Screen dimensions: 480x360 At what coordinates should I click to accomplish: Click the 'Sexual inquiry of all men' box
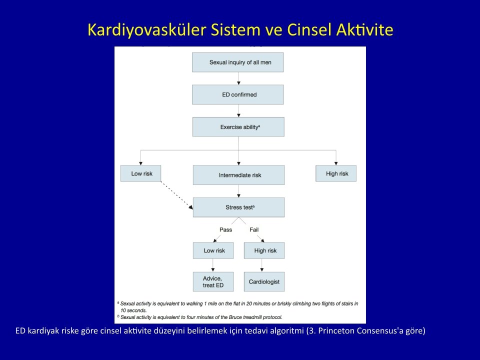[238, 62]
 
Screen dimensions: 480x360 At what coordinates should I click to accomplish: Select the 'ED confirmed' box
[238, 94]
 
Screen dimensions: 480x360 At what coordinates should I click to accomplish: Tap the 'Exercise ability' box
[238, 126]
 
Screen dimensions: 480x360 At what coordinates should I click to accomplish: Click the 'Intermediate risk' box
[239, 175]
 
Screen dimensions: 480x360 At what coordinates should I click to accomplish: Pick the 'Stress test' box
[239, 207]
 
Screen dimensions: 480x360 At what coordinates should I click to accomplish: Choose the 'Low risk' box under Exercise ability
[141, 173]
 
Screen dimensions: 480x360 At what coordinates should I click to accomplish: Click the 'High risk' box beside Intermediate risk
[336, 173]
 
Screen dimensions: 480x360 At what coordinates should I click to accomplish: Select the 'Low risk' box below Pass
[213, 250]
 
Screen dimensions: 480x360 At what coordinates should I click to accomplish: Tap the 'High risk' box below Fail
[264, 250]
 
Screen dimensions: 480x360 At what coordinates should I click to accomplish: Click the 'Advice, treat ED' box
[213, 281]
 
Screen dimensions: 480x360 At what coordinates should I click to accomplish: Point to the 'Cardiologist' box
[264, 281]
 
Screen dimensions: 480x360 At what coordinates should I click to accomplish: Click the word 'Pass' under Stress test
[225, 230]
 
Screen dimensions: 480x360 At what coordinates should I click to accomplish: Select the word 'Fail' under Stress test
[254, 230]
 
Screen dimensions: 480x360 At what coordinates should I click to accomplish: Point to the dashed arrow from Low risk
[177, 195]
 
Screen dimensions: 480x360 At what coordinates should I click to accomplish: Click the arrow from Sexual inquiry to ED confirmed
[239, 78]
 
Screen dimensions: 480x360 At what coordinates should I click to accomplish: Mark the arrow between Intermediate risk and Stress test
[239, 191]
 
